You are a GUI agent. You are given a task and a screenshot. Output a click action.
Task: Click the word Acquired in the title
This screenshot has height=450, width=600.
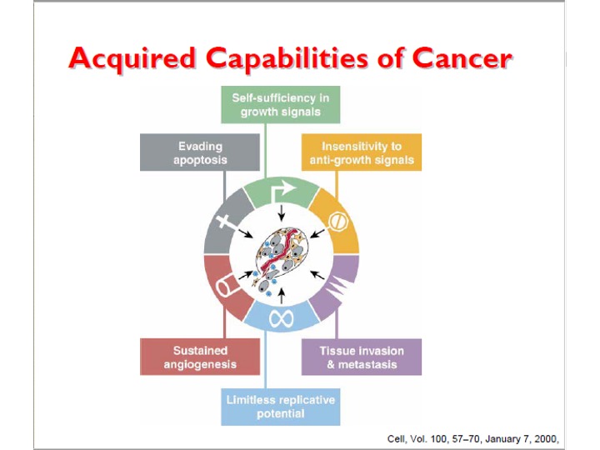click(132, 59)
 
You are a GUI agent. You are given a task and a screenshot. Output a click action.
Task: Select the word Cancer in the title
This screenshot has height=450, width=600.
click(462, 58)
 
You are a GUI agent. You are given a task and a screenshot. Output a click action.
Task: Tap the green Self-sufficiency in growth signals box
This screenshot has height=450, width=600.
click(281, 104)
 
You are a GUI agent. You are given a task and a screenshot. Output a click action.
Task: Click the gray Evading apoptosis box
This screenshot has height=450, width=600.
click(200, 152)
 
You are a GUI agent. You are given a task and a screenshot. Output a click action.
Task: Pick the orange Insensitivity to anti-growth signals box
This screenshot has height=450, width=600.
click(362, 152)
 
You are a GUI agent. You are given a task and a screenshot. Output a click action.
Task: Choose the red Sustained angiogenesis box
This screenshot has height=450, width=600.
click(200, 357)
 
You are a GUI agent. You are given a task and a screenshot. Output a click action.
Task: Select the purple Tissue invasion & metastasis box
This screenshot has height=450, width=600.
click(362, 357)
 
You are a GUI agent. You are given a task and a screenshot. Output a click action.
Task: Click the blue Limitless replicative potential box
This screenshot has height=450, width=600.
click(281, 407)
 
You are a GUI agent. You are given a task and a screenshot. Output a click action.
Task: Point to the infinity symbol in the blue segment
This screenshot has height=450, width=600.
click(282, 318)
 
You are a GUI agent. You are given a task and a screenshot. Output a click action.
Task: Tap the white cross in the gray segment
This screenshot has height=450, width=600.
click(226, 222)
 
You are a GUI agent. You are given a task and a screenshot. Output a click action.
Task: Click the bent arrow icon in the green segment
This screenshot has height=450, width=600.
click(282, 191)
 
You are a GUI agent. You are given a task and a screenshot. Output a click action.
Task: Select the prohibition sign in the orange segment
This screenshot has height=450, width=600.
click(338, 221)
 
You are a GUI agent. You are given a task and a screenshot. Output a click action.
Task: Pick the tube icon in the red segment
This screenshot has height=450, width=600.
click(228, 286)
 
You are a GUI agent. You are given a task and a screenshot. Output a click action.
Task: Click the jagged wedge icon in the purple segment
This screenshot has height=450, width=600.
click(337, 286)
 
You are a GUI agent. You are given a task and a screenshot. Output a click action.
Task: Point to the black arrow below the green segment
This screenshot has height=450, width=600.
click(282, 213)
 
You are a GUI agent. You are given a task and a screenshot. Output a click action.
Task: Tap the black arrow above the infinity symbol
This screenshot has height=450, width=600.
click(282, 296)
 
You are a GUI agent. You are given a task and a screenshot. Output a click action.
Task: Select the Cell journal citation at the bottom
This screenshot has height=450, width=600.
click(473, 439)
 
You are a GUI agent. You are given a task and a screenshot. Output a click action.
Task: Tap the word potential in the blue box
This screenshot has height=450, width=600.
click(281, 414)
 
